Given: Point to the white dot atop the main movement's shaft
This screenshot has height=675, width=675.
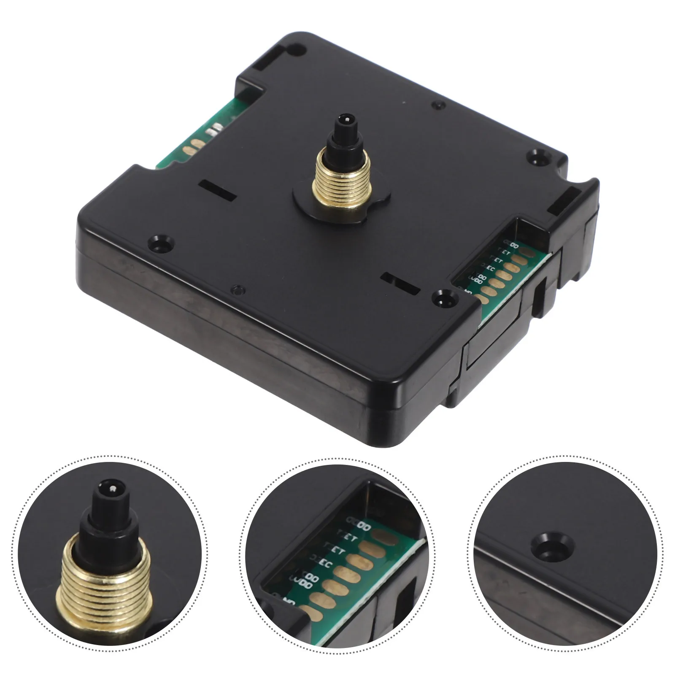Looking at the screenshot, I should tap(347, 119).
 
